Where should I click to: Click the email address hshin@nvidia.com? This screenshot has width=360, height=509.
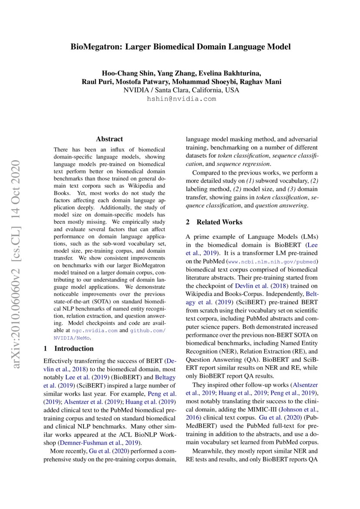click(x=182, y=99)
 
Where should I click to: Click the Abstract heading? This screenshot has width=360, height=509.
click(x=109, y=139)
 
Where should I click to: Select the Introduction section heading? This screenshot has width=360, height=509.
click(x=74, y=348)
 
